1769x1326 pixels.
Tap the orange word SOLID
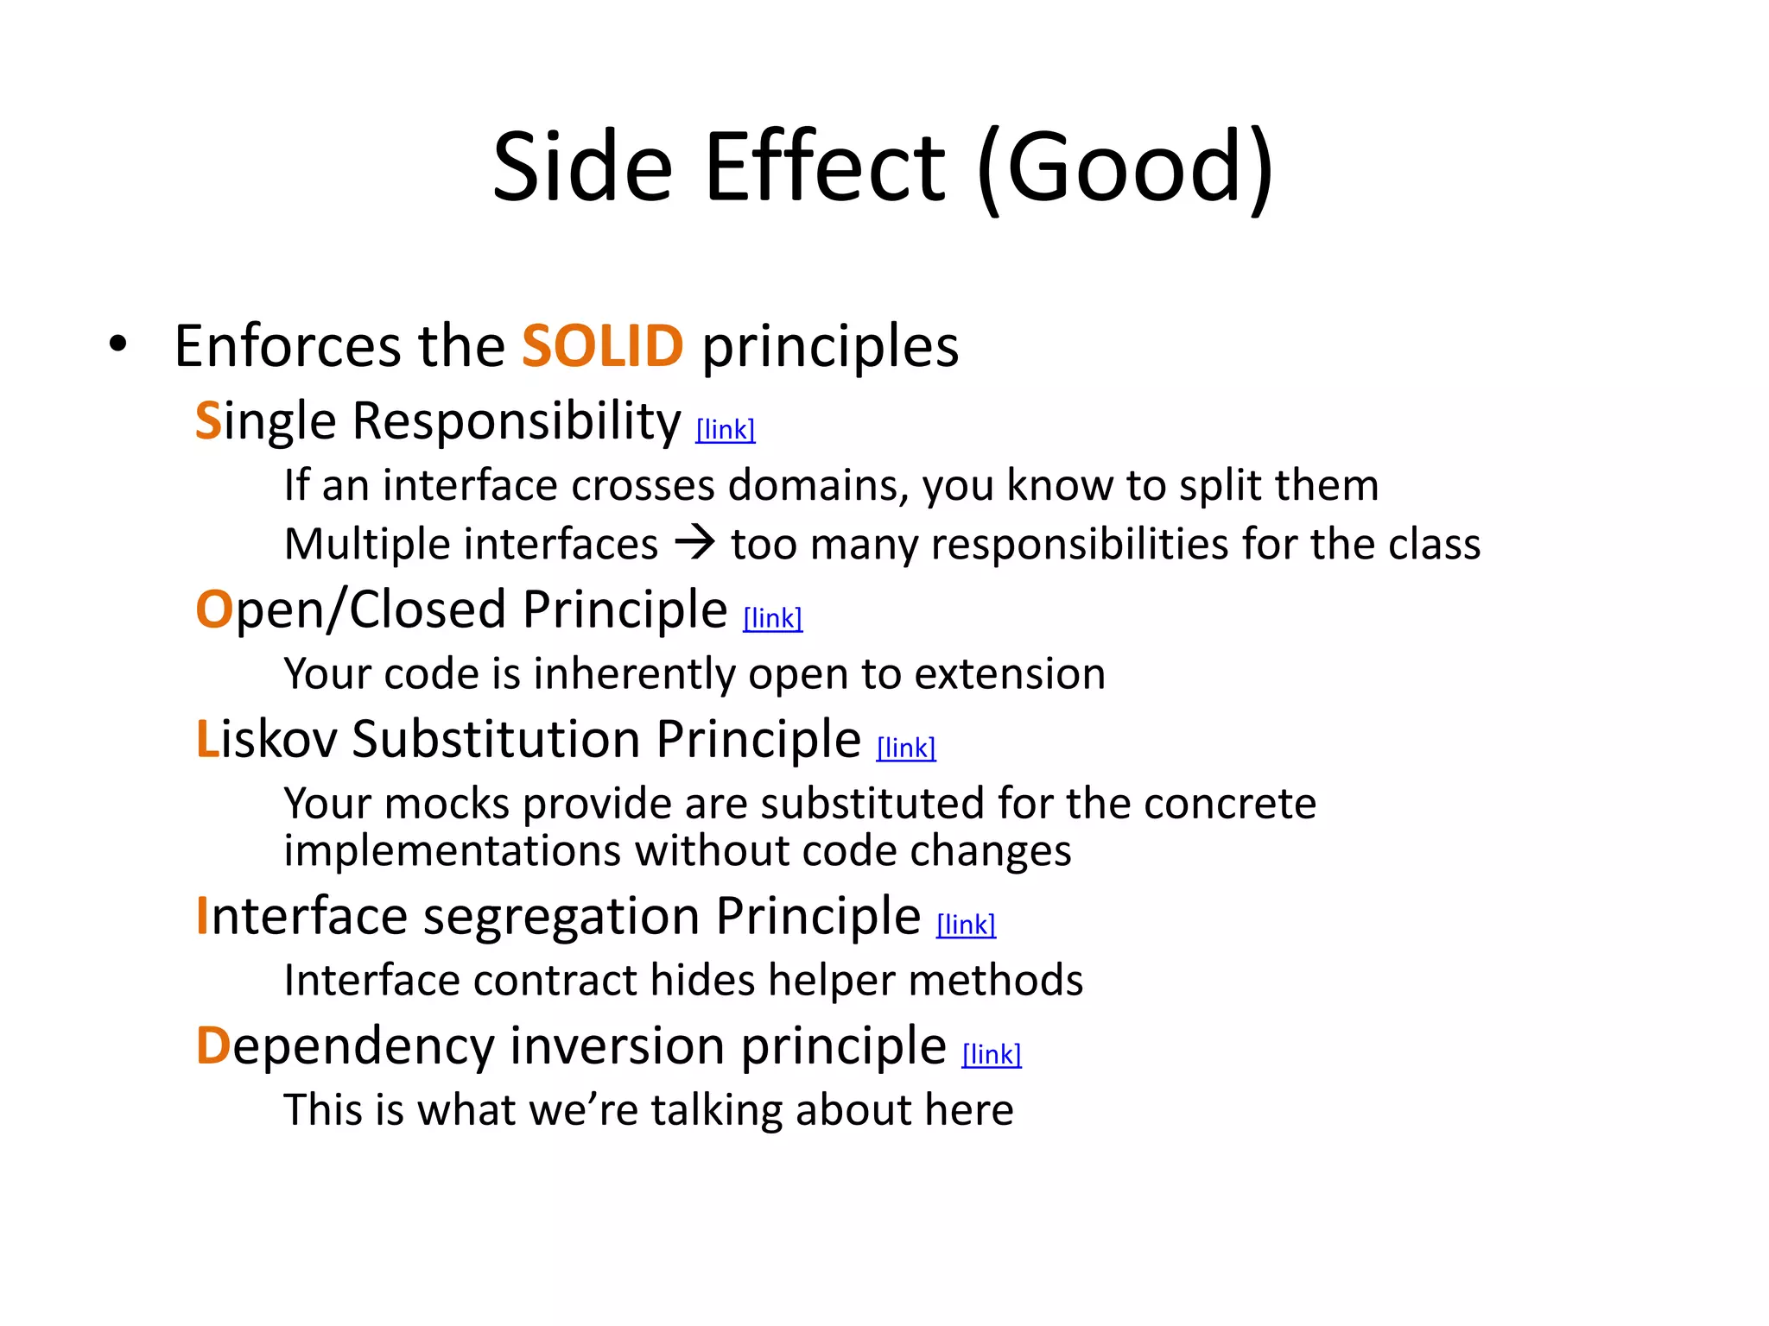click(602, 346)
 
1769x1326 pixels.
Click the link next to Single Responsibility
click(726, 429)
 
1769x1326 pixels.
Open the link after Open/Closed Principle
click(772, 618)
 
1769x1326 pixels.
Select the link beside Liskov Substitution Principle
click(906, 748)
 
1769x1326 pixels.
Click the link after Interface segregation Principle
click(966, 925)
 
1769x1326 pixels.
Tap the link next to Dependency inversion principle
click(992, 1054)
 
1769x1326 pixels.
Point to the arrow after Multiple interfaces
click(695, 543)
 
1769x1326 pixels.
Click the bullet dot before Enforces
click(118, 344)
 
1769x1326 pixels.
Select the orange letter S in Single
click(208, 421)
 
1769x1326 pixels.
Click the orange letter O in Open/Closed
click(213, 609)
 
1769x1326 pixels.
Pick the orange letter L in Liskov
click(207, 740)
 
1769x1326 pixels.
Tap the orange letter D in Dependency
click(212, 1046)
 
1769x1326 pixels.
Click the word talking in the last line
click(716, 1110)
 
